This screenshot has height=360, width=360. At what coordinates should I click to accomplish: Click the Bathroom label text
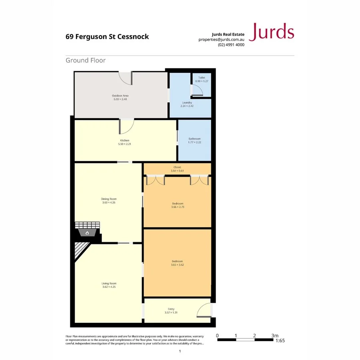coord(194,139)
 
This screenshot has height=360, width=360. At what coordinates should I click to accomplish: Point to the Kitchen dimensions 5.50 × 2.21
coord(125,144)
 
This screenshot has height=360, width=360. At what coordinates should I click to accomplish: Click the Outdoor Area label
coord(120,96)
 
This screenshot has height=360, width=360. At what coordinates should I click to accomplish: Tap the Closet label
coord(177,167)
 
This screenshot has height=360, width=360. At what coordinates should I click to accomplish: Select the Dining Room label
coord(109,199)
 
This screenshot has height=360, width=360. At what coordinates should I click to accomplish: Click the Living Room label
coord(109,284)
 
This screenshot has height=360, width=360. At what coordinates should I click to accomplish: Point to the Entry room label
coord(171,309)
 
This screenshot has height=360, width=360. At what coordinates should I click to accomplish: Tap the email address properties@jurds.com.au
coord(221,40)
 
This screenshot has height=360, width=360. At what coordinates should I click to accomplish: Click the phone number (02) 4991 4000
coord(231,45)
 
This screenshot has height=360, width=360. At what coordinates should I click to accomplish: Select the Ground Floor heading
coord(86,60)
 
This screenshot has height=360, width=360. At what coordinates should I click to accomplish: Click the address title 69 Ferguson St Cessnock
coord(107,36)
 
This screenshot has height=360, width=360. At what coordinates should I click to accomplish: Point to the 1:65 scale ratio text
coord(280,341)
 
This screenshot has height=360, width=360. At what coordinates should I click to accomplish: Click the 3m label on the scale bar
coord(274,336)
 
